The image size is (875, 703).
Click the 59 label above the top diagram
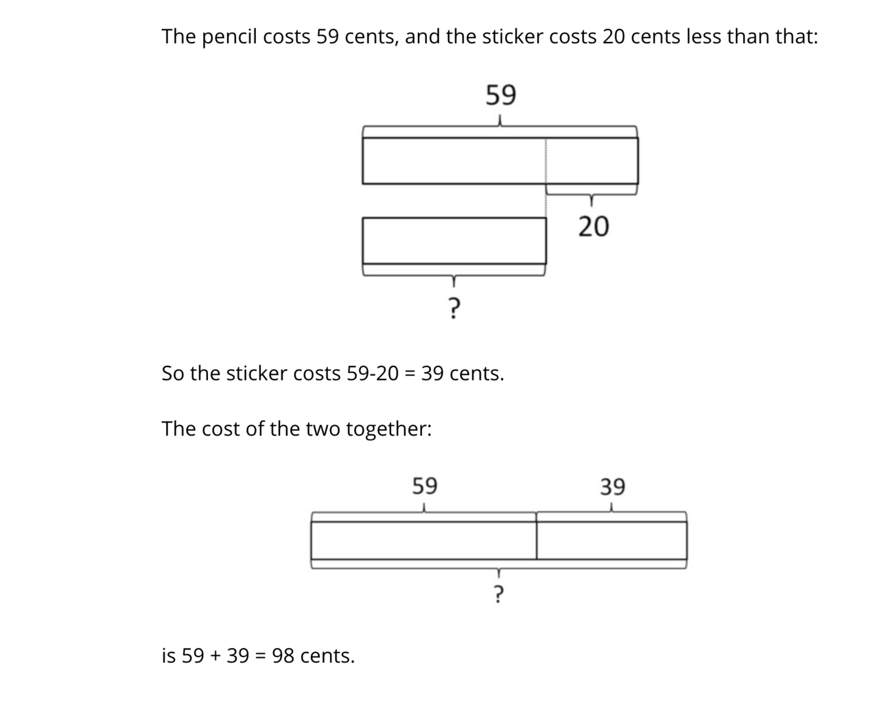pyautogui.click(x=500, y=95)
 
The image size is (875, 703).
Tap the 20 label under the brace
pyautogui.click(x=593, y=226)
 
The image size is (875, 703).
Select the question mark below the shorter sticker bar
pyautogui.click(x=453, y=306)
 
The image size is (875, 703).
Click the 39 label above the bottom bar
pyautogui.click(x=613, y=487)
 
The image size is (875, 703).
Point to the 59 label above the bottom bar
pyautogui.click(x=424, y=486)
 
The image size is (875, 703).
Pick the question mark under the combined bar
pyautogui.click(x=498, y=593)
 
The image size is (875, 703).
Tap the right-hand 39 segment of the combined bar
pyautogui.click(x=611, y=540)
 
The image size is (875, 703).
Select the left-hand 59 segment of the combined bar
pyautogui.click(x=424, y=540)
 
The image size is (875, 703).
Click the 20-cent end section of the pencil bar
pyautogui.click(x=592, y=161)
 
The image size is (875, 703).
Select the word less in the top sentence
pyautogui.click(x=702, y=37)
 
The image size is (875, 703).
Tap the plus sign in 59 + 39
pyautogui.click(x=215, y=656)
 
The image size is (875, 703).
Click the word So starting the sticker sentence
pyautogui.click(x=173, y=374)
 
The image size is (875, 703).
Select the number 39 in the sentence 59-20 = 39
pyautogui.click(x=432, y=374)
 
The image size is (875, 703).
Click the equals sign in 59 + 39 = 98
pyautogui.click(x=260, y=656)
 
